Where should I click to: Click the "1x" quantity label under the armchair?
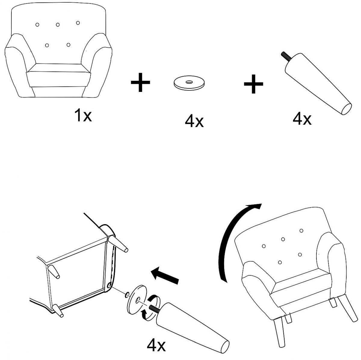click(83, 115)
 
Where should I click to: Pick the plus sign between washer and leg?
click(254, 84)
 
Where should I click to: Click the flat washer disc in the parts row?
click(189, 83)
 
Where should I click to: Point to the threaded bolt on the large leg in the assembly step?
click(154, 308)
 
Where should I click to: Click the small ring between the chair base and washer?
click(127, 294)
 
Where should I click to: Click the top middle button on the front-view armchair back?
click(58, 25)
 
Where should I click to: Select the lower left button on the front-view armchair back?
click(47, 45)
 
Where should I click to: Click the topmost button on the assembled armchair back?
click(301, 230)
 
